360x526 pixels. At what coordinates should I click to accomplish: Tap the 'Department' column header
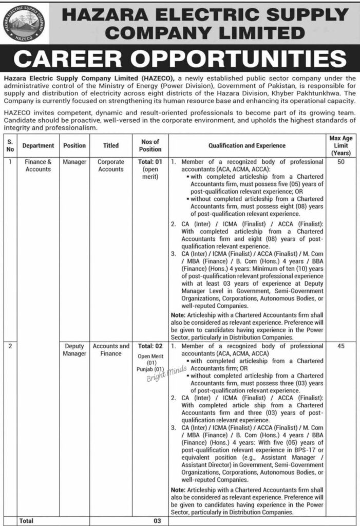[x=38, y=145]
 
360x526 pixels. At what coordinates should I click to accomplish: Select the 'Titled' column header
[x=111, y=145]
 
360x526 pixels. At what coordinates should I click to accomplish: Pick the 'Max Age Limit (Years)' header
[x=340, y=145]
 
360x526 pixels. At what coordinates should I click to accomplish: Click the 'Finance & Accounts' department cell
[x=38, y=165]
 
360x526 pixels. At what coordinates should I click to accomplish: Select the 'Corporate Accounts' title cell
[x=111, y=165]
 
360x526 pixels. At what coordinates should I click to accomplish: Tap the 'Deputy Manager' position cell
[x=74, y=350]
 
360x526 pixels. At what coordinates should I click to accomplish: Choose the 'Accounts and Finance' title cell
[x=111, y=350]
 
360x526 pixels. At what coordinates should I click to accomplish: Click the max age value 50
[x=340, y=162]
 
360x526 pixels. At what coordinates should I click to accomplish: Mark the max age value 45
[x=340, y=347]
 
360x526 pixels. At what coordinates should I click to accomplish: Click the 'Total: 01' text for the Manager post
[x=149, y=162]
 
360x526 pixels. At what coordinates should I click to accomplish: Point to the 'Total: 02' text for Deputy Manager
[x=149, y=347]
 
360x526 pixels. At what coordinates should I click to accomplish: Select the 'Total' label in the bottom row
[x=27, y=520]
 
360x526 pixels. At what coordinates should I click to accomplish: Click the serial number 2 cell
[x=9, y=347]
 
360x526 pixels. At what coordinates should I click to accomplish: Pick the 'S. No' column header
[x=9, y=145]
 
